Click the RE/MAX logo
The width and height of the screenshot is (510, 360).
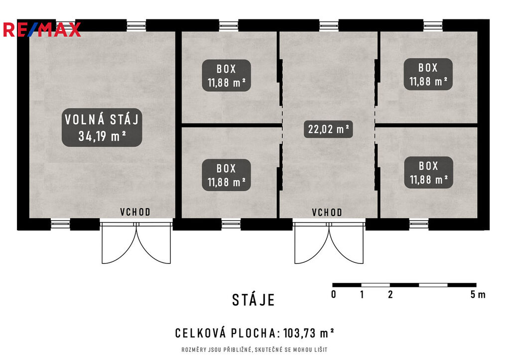(x=42, y=29)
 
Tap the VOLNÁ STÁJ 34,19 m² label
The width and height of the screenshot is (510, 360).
(x=102, y=127)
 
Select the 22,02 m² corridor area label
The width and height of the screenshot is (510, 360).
(x=329, y=129)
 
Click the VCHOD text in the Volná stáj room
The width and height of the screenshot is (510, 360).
(x=135, y=212)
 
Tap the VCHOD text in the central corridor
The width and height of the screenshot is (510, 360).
(x=327, y=212)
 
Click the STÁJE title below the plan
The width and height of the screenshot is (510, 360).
(x=254, y=300)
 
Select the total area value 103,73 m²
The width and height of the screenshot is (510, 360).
(x=309, y=333)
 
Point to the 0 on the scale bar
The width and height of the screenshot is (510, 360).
(x=333, y=294)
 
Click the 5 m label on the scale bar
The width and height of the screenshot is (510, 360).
(x=478, y=294)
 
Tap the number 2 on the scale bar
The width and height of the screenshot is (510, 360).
(x=390, y=294)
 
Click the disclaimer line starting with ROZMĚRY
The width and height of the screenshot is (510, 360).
(x=255, y=350)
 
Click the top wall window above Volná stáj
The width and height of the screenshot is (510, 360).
(x=136, y=26)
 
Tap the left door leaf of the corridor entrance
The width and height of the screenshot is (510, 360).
(x=311, y=243)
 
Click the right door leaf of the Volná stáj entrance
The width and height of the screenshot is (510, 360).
(x=153, y=243)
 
